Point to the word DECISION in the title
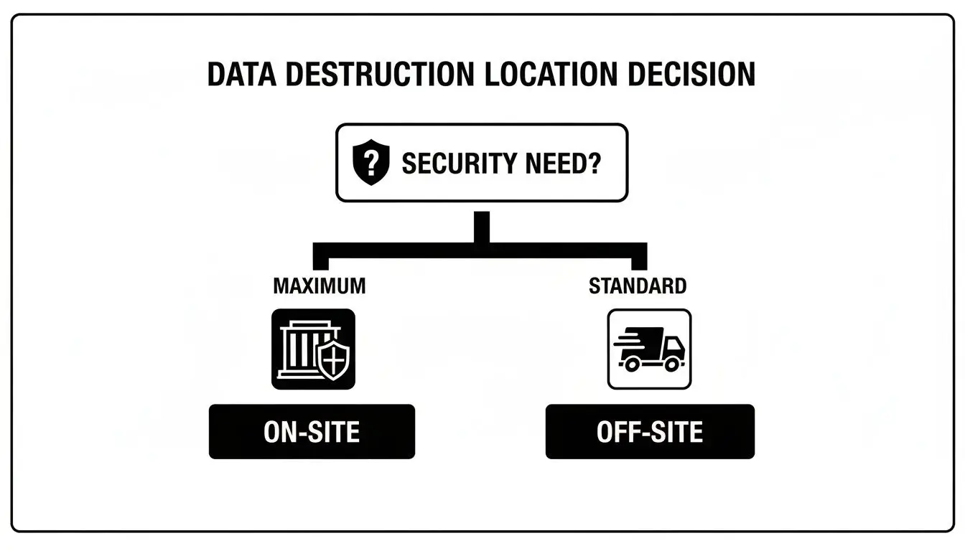(689, 75)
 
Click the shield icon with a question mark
(371, 163)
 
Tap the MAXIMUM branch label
(319, 286)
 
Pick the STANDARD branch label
(637, 286)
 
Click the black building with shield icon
(313, 349)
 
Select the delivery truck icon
(649, 349)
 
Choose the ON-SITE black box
(312, 432)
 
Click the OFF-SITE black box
(650, 432)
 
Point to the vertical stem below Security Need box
(482, 227)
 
